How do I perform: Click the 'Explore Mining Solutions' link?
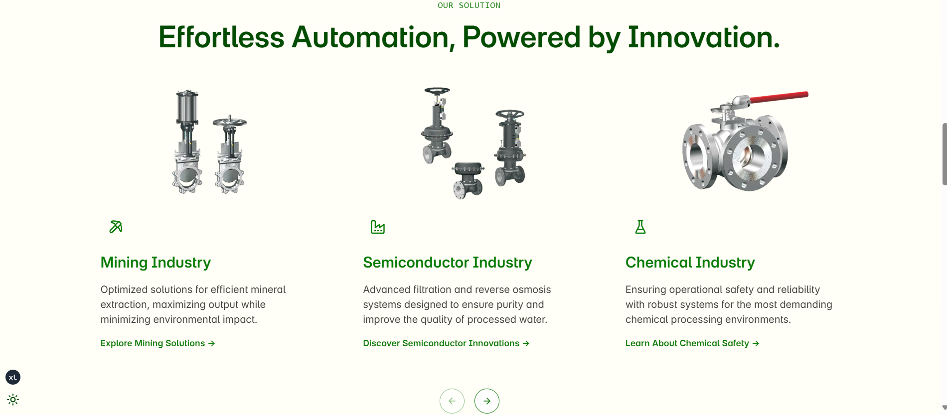click(x=158, y=343)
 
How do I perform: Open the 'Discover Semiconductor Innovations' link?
click(x=446, y=343)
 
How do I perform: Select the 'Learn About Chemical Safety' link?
click(x=692, y=343)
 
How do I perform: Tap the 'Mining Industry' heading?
click(x=156, y=263)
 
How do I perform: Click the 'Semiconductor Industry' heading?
click(x=448, y=263)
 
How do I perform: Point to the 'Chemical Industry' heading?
click(x=690, y=263)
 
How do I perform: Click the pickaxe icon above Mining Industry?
click(x=116, y=227)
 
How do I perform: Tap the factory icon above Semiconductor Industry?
click(x=378, y=227)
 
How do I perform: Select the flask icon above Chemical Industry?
click(x=640, y=227)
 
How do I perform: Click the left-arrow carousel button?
click(x=452, y=401)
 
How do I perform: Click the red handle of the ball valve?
click(x=779, y=97)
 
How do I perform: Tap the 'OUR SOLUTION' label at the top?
click(x=469, y=5)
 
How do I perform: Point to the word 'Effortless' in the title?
click(x=221, y=37)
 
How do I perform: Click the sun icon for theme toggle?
click(x=13, y=400)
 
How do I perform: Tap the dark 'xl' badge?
click(x=13, y=377)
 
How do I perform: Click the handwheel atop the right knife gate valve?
click(x=230, y=122)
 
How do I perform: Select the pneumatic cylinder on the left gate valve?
click(x=187, y=107)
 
